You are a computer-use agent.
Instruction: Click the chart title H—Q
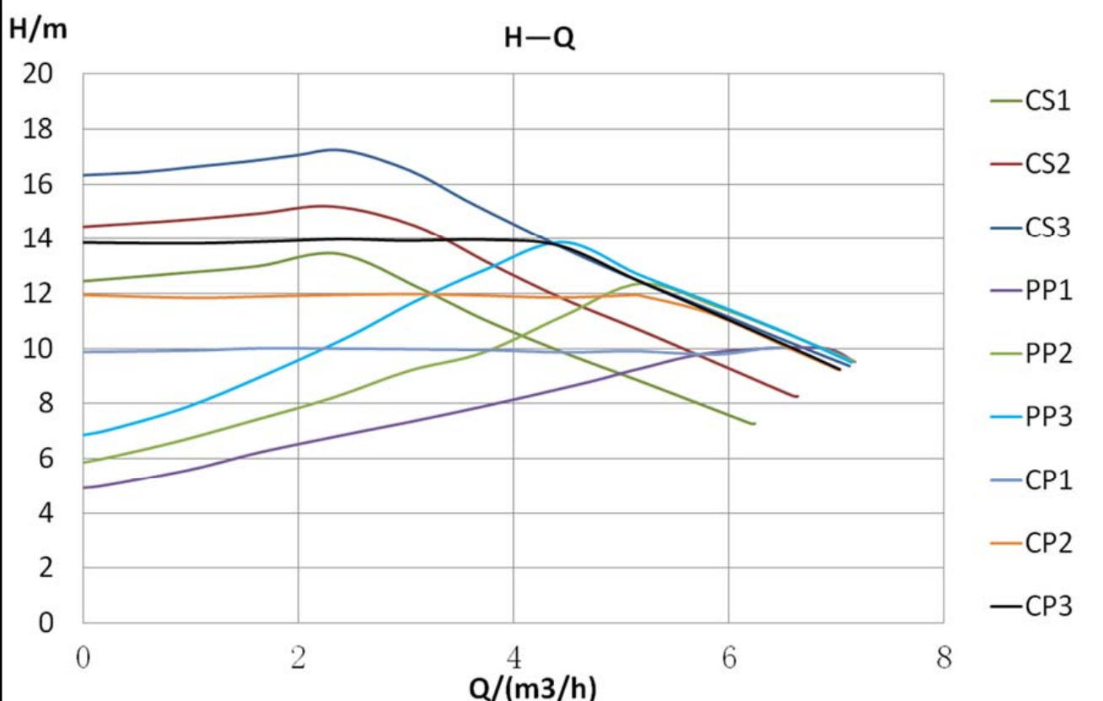(x=540, y=39)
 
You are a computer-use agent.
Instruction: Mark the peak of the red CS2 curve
(x=322, y=206)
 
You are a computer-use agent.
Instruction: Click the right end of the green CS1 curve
(x=753, y=423)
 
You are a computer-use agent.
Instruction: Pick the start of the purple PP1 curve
(x=83, y=488)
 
